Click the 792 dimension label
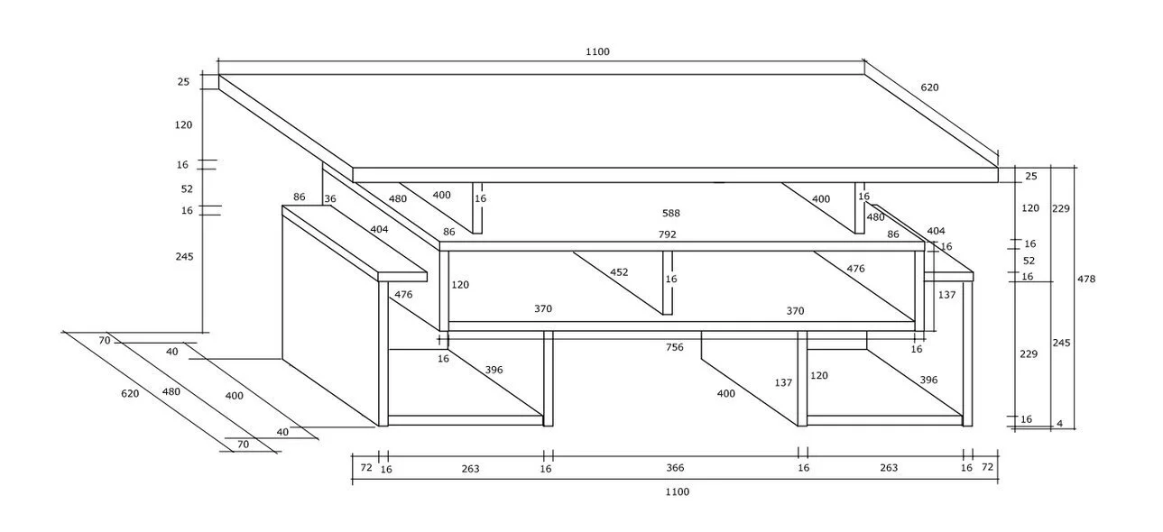[667, 234]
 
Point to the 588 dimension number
[670, 214]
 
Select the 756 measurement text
[675, 347]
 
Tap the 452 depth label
[619, 272]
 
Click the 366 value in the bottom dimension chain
[675, 468]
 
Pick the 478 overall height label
[1086, 280]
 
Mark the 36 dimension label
[330, 200]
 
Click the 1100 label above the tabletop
[597, 52]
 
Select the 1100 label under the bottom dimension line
[677, 492]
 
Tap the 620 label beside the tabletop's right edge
[929, 87]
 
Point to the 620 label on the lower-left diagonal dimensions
[130, 394]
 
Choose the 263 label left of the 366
[470, 469]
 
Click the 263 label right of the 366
[889, 468]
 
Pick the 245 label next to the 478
[1061, 344]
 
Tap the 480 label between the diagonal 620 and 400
[171, 392]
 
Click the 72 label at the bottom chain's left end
[366, 468]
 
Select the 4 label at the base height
[1060, 424]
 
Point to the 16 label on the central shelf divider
[670, 280]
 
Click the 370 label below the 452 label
[542, 309]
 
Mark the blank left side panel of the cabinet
[329, 316]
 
